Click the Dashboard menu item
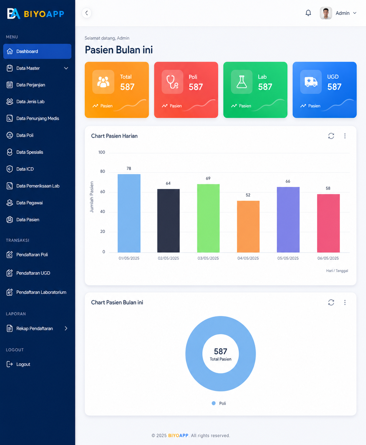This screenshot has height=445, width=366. point(37,51)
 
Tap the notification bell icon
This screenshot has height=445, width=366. point(308,13)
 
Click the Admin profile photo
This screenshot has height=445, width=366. point(326,13)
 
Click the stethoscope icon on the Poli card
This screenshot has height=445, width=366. point(172,82)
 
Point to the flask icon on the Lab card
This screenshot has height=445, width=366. point(242,82)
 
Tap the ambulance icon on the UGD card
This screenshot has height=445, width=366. point(311,82)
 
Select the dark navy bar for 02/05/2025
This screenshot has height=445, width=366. point(168,221)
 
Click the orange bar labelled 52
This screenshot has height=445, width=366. point(248,227)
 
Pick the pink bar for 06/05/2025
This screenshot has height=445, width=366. point(328,223)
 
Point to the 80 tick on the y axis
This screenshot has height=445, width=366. point(103,171)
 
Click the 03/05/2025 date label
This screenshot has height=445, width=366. point(208,258)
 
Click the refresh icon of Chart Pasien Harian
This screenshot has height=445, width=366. point(331,136)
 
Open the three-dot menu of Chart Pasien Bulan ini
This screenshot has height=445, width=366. point(345,302)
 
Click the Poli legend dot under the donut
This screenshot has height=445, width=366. point(214,403)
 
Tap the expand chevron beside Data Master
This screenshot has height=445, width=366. point(66,68)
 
